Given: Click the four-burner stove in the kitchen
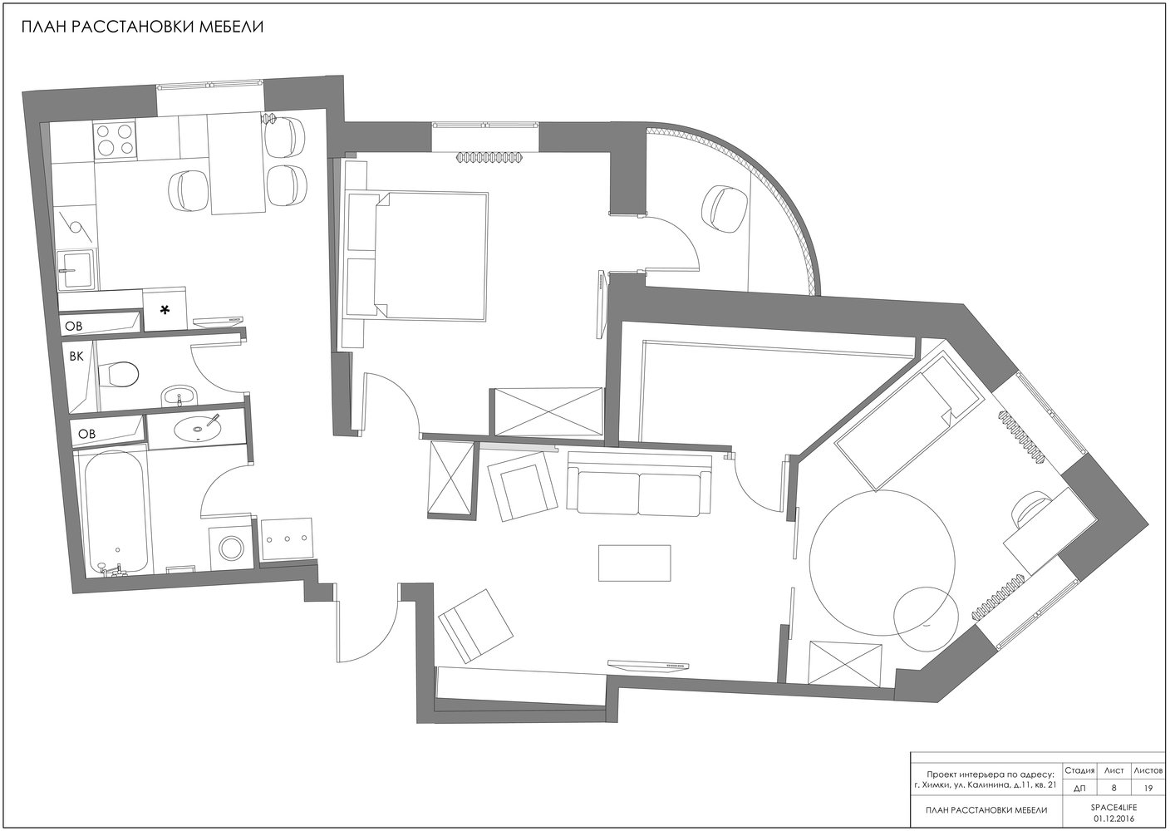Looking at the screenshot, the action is point(115,140).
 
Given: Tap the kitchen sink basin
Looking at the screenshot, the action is point(77,269).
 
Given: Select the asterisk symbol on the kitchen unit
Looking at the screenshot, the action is point(165,310).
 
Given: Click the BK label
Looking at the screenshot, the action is point(76,356).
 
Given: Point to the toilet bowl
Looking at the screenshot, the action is point(119,375).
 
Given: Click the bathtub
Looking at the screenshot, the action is point(116,513).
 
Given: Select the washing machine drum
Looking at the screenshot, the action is point(230,548).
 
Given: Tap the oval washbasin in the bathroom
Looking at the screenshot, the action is point(199,428).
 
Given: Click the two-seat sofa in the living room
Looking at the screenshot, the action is point(639,484).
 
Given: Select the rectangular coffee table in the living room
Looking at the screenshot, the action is point(634,563).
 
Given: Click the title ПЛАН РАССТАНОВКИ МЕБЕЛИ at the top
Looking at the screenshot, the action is point(142,27).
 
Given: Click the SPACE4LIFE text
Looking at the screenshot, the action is point(1113,807).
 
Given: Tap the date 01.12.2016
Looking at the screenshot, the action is point(1113,819).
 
